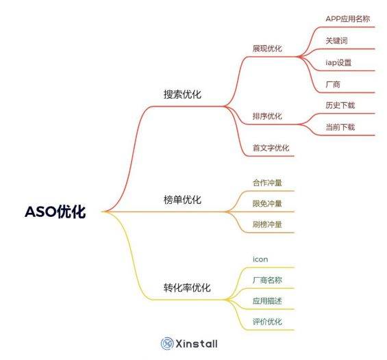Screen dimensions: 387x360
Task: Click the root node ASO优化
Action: coord(55,211)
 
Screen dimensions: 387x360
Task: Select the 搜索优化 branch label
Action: coord(182,94)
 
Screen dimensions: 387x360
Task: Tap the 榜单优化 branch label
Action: coord(182,199)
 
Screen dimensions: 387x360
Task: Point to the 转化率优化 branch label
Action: coord(187,287)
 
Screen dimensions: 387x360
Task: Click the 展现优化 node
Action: coord(267,49)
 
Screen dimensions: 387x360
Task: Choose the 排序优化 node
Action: coord(267,116)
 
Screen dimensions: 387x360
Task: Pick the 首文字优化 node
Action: coord(271,148)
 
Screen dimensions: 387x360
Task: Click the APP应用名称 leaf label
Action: coord(348,18)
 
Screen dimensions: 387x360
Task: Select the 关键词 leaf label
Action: coord(336,40)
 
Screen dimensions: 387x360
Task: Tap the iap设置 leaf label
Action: coord(338,62)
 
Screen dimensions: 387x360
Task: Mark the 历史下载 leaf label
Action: coord(340,105)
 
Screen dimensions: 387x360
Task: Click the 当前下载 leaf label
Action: coord(340,127)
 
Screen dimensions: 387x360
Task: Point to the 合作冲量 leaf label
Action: coord(267,183)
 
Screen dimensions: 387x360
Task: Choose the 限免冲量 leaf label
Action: coord(267,203)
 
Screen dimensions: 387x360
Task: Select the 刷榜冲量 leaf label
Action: coord(267,224)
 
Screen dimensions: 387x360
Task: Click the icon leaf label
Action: coord(260,259)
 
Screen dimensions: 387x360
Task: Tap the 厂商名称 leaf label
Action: coord(267,280)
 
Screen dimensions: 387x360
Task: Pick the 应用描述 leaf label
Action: coord(267,301)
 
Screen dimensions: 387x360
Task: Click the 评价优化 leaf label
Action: coord(267,322)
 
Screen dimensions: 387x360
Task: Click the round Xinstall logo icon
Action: coord(167,344)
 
